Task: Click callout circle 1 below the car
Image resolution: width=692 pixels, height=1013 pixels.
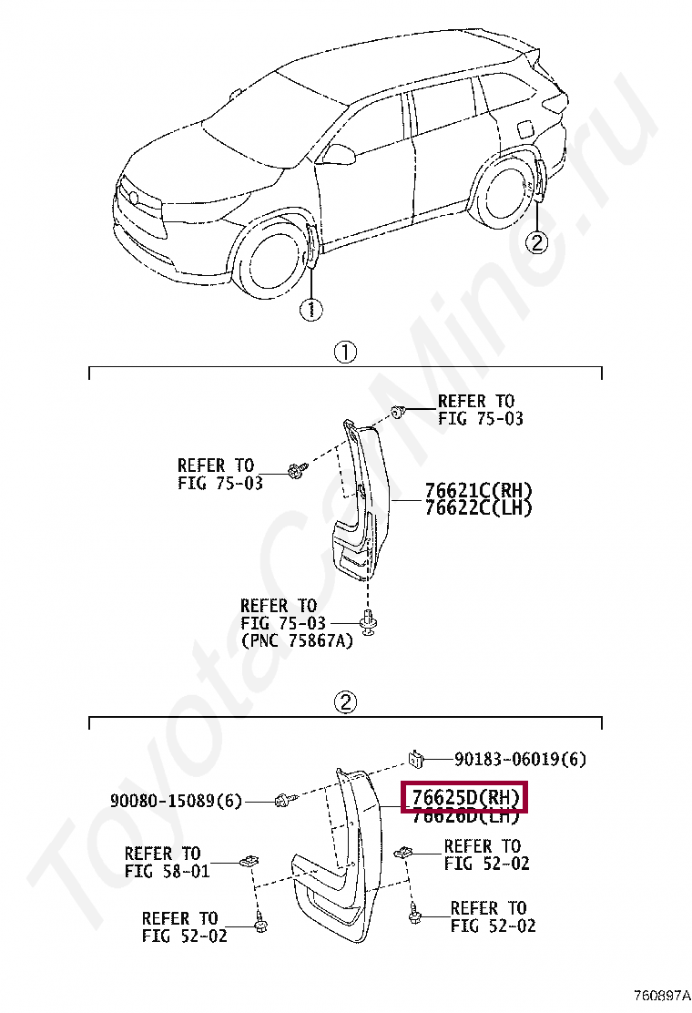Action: coord(310,310)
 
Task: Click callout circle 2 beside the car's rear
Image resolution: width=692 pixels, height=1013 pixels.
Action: coord(537,241)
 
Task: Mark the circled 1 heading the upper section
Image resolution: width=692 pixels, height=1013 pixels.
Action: coord(344,353)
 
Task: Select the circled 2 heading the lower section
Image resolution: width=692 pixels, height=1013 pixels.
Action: coord(344,702)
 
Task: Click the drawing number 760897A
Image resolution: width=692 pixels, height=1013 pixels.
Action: coord(661,995)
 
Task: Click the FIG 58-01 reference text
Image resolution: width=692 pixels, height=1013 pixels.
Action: coord(167,871)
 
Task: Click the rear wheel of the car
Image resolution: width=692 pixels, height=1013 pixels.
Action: coord(505,195)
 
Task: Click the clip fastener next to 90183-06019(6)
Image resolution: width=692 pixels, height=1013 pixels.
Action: coord(415,757)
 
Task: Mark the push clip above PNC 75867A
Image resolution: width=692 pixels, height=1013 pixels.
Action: coord(369,623)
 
